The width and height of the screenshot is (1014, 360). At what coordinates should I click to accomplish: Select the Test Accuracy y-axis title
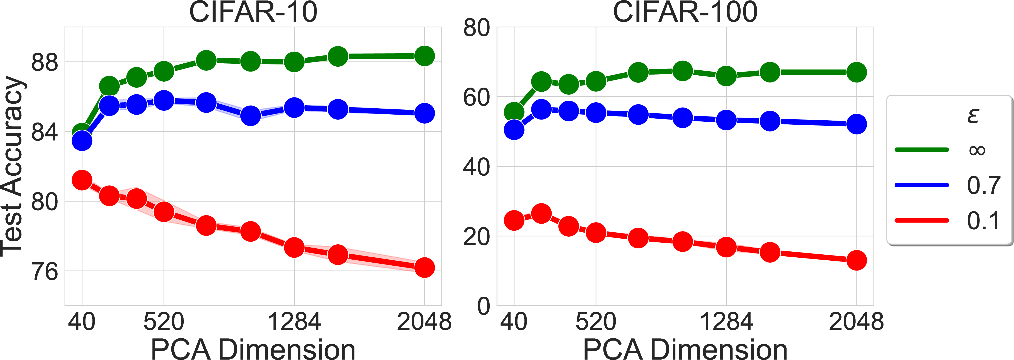click(13, 166)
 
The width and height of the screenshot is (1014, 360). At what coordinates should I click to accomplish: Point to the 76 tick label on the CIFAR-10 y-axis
click(44, 272)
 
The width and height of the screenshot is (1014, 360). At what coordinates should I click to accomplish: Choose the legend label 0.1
click(983, 220)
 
